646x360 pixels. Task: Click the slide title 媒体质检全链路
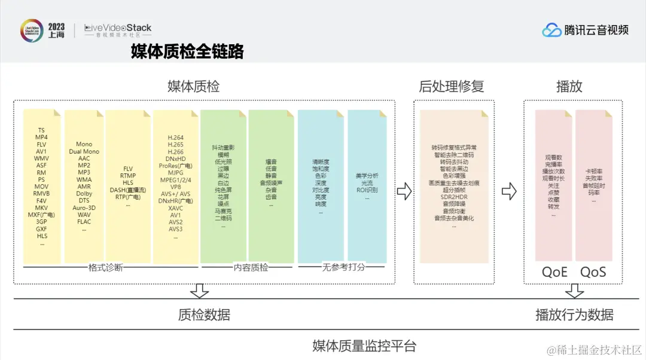point(187,52)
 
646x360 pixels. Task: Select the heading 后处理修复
point(451,86)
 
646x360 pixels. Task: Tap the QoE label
point(554,272)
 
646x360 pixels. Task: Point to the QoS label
point(593,272)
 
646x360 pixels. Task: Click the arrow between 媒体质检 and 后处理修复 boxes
point(404,191)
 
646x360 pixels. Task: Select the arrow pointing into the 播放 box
point(509,191)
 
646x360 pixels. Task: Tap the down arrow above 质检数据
point(199,291)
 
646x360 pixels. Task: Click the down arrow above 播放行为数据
point(575,291)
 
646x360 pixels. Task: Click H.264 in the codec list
point(176,138)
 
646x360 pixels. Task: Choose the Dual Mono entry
point(84,151)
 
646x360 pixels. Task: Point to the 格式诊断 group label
point(105,267)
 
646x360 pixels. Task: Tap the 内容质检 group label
point(250,267)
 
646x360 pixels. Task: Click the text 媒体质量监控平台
point(364,346)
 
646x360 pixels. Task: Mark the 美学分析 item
point(367,176)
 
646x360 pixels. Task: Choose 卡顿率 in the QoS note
point(593,172)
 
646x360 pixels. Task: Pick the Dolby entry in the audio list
point(84,193)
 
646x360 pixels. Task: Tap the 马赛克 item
point(223,212)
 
